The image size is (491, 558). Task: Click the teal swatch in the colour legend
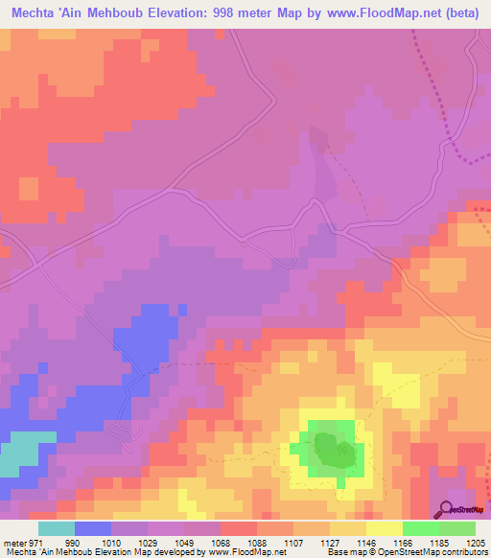pos(57,527)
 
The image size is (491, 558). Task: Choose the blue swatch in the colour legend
pos(93,527)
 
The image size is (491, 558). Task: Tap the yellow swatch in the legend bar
pos(384,527)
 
